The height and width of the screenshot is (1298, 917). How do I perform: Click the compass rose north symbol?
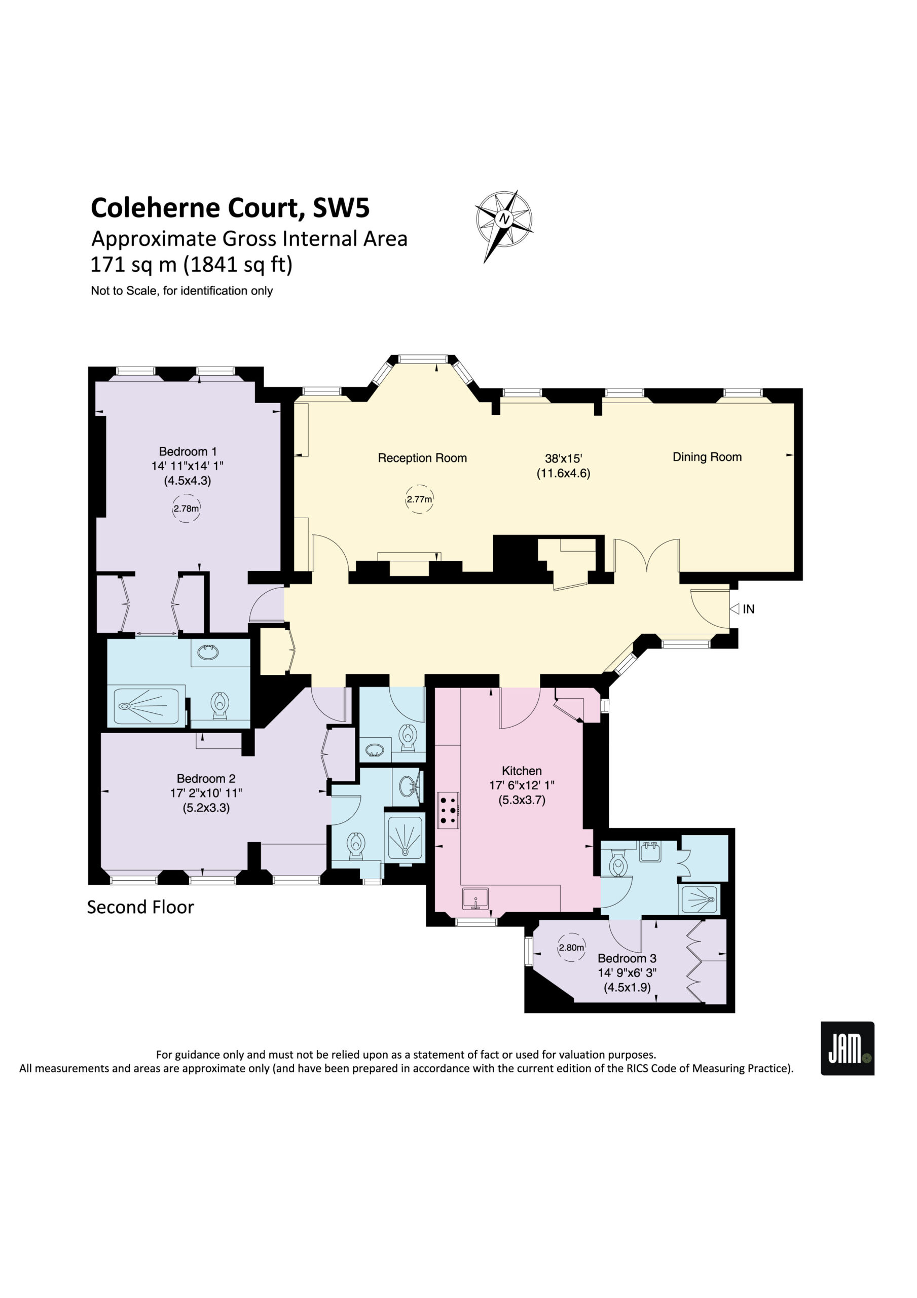[x=503, y=226]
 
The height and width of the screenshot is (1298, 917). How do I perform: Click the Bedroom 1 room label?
[x=188, y=451]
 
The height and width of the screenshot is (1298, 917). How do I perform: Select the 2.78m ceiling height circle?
[x=186, y=508]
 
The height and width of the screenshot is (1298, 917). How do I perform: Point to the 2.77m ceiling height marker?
[x=419, y=499]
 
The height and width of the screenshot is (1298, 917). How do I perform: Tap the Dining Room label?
[x=707, y=457]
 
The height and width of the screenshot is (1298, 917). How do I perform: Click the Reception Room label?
[x=422, y=458]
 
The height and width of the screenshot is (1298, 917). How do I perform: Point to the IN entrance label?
[x=749, y=609]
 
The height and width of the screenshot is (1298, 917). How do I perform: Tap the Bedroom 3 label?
[x=627, y=958]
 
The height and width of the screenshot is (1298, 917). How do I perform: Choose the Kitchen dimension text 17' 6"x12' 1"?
[x=522, y=785]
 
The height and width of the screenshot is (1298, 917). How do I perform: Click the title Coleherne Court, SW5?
[x=230, y=208]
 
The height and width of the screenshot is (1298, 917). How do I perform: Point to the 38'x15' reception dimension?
[x=563, y=458]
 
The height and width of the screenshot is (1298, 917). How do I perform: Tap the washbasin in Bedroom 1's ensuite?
[x=208, y=653]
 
